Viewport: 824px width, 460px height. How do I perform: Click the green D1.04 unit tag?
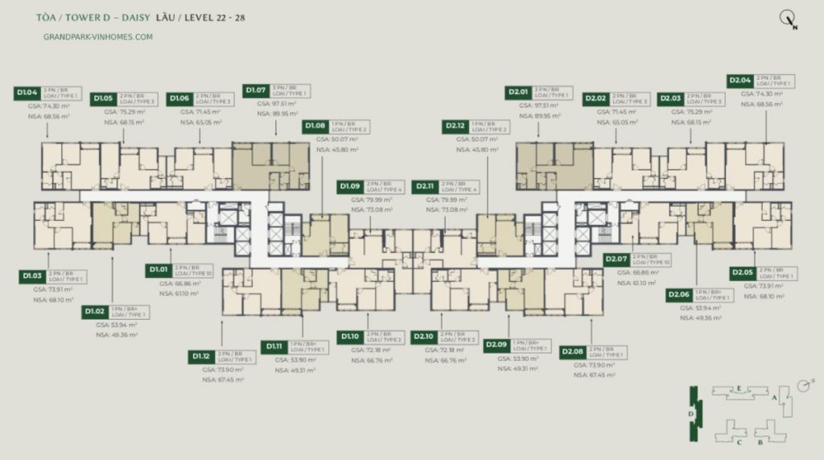click(27, 93)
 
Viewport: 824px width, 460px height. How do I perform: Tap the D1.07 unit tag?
click(257, 90)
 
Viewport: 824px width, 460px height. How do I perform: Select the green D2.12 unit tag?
click(455, 126)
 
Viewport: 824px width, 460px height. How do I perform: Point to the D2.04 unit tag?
click(740, 81)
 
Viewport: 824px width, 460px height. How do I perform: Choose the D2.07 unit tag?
click(616, 259)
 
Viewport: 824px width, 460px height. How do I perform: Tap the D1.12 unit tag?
click(201, 356)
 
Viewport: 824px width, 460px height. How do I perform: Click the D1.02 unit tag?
click(95, 311)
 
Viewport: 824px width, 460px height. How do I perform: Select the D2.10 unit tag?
click(423, 336)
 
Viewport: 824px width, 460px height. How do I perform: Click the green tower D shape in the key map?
click(693, 413)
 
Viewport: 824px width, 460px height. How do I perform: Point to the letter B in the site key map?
click(759, 442)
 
